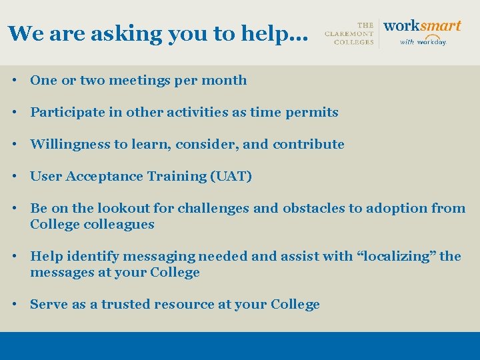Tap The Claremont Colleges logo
[x=349, y=33]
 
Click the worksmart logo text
[x=422, y=26]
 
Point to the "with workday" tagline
[x=423, y=41]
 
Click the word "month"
[x=226, y=81]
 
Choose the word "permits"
[x=313, y=113]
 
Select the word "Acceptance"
[x=106, y=177]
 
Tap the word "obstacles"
[x=315, y=209]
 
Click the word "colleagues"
[x=119, y=225]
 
